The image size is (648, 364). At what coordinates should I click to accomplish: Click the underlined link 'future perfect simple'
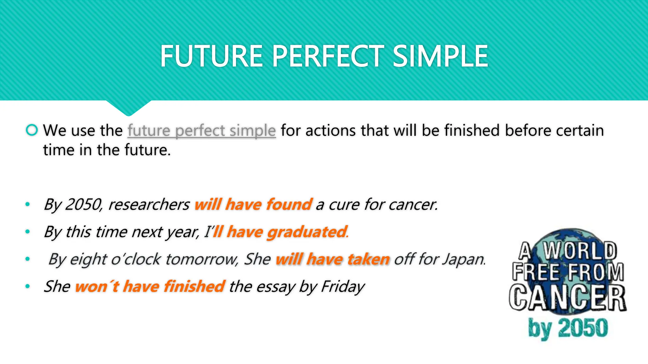pyautogui.click(x=202, y=131)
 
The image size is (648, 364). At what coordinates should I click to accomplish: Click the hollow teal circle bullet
pyautogui.click(x=32, y=130)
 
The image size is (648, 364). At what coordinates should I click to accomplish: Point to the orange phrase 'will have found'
pyautogui.click(x=253, y=204)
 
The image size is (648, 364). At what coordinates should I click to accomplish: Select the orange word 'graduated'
pyautogui.click(x=307, y=232)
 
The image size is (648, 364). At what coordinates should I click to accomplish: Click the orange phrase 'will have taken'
pyautogui.click(x=332, y=259)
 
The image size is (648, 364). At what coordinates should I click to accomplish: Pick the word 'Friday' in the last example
pyautogui.click(x=343, y=287)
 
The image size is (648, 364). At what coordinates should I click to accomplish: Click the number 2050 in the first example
pyautogui.click(x=83, y=204)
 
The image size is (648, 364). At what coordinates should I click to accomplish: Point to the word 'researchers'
pyautogui.click(x=149, y=204)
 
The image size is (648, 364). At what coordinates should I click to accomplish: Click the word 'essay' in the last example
pyautogui.click(x=276, y=287)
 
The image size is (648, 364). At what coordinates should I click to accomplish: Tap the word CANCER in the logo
pyautogui.click(x=568, y=298)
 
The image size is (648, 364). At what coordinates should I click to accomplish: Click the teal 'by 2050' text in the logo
pyautogui.click(x=568, y=328)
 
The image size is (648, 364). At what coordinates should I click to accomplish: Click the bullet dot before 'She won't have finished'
pyautogui.click(x=28, y=286)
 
